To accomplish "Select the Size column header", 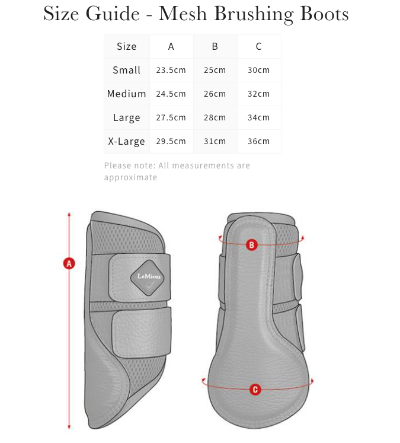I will [x=126, y=46].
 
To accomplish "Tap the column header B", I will [x=215, y=46].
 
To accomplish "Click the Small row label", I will [x=126, y=70].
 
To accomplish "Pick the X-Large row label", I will [x=126, y=141].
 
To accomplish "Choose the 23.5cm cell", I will [x=171, y=70].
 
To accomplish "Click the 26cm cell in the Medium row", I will [x=215, y=94].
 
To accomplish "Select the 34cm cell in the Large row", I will [x=258, y=117].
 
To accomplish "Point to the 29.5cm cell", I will [x=171, y=141].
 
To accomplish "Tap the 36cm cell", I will [x=258, y=141].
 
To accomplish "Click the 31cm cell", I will [x=215, y=141].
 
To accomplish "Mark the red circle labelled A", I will [x=69, y=263].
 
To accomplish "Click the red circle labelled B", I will [x=251, y=244].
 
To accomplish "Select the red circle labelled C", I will [x=255, y=390].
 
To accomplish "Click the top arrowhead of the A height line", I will [x=69, y=214].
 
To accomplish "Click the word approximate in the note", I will [x=130, y=177].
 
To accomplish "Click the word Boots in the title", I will [x=323, y=13].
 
